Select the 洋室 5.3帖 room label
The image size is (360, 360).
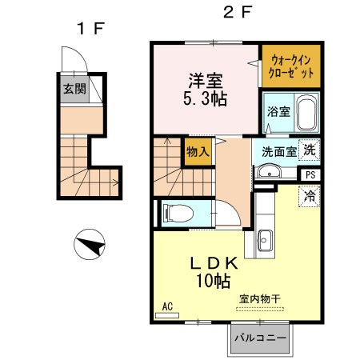(x=206, y=90)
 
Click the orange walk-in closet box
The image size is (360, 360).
(x=291, y=66)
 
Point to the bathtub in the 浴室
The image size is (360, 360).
(x=305, y=114)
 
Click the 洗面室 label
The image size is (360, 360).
(x=274, y=150)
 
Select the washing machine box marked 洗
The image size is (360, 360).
(x=309, y=149)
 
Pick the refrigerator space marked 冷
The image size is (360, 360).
(x=309, y=195)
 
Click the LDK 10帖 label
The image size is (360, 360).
(x=211, y=272)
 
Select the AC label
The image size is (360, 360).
(x=168, y=306)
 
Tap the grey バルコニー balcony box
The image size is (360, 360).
(x=259, y=338)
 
